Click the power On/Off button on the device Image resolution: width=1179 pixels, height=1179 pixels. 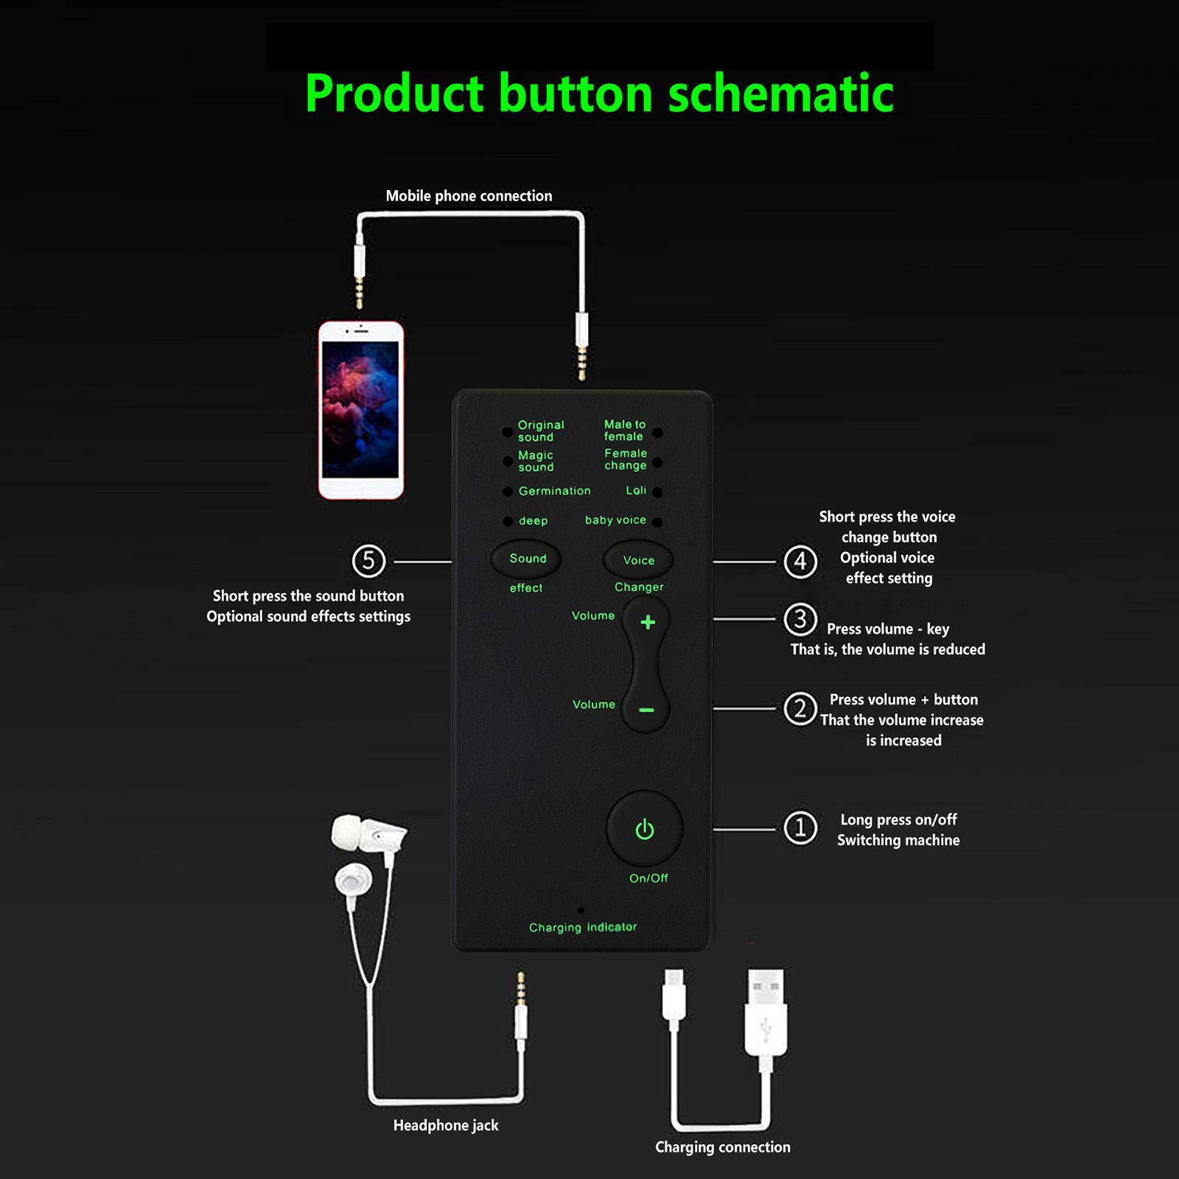645,829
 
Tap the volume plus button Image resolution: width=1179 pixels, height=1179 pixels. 648,623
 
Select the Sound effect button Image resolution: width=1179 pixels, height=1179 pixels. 527,559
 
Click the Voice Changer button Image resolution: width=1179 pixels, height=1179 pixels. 638,561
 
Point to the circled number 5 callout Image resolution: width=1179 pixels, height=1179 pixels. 368,561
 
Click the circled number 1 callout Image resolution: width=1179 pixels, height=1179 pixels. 800,828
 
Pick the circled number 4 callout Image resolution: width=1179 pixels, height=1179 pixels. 800,562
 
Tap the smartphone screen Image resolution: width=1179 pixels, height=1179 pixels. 361,410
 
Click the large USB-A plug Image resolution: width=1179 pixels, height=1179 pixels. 766,1013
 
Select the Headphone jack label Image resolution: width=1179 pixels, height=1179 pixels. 446,1125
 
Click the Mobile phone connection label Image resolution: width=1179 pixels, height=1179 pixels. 469,196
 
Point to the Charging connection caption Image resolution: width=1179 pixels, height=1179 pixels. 722,1147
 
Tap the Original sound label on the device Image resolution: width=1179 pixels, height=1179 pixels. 541,431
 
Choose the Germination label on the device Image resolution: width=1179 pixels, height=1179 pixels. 554,491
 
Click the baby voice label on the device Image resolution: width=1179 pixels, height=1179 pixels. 615,520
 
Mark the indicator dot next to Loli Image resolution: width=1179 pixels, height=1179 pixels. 657,492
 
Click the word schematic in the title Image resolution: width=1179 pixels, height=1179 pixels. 780,94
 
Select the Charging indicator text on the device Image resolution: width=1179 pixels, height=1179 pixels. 583,927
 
